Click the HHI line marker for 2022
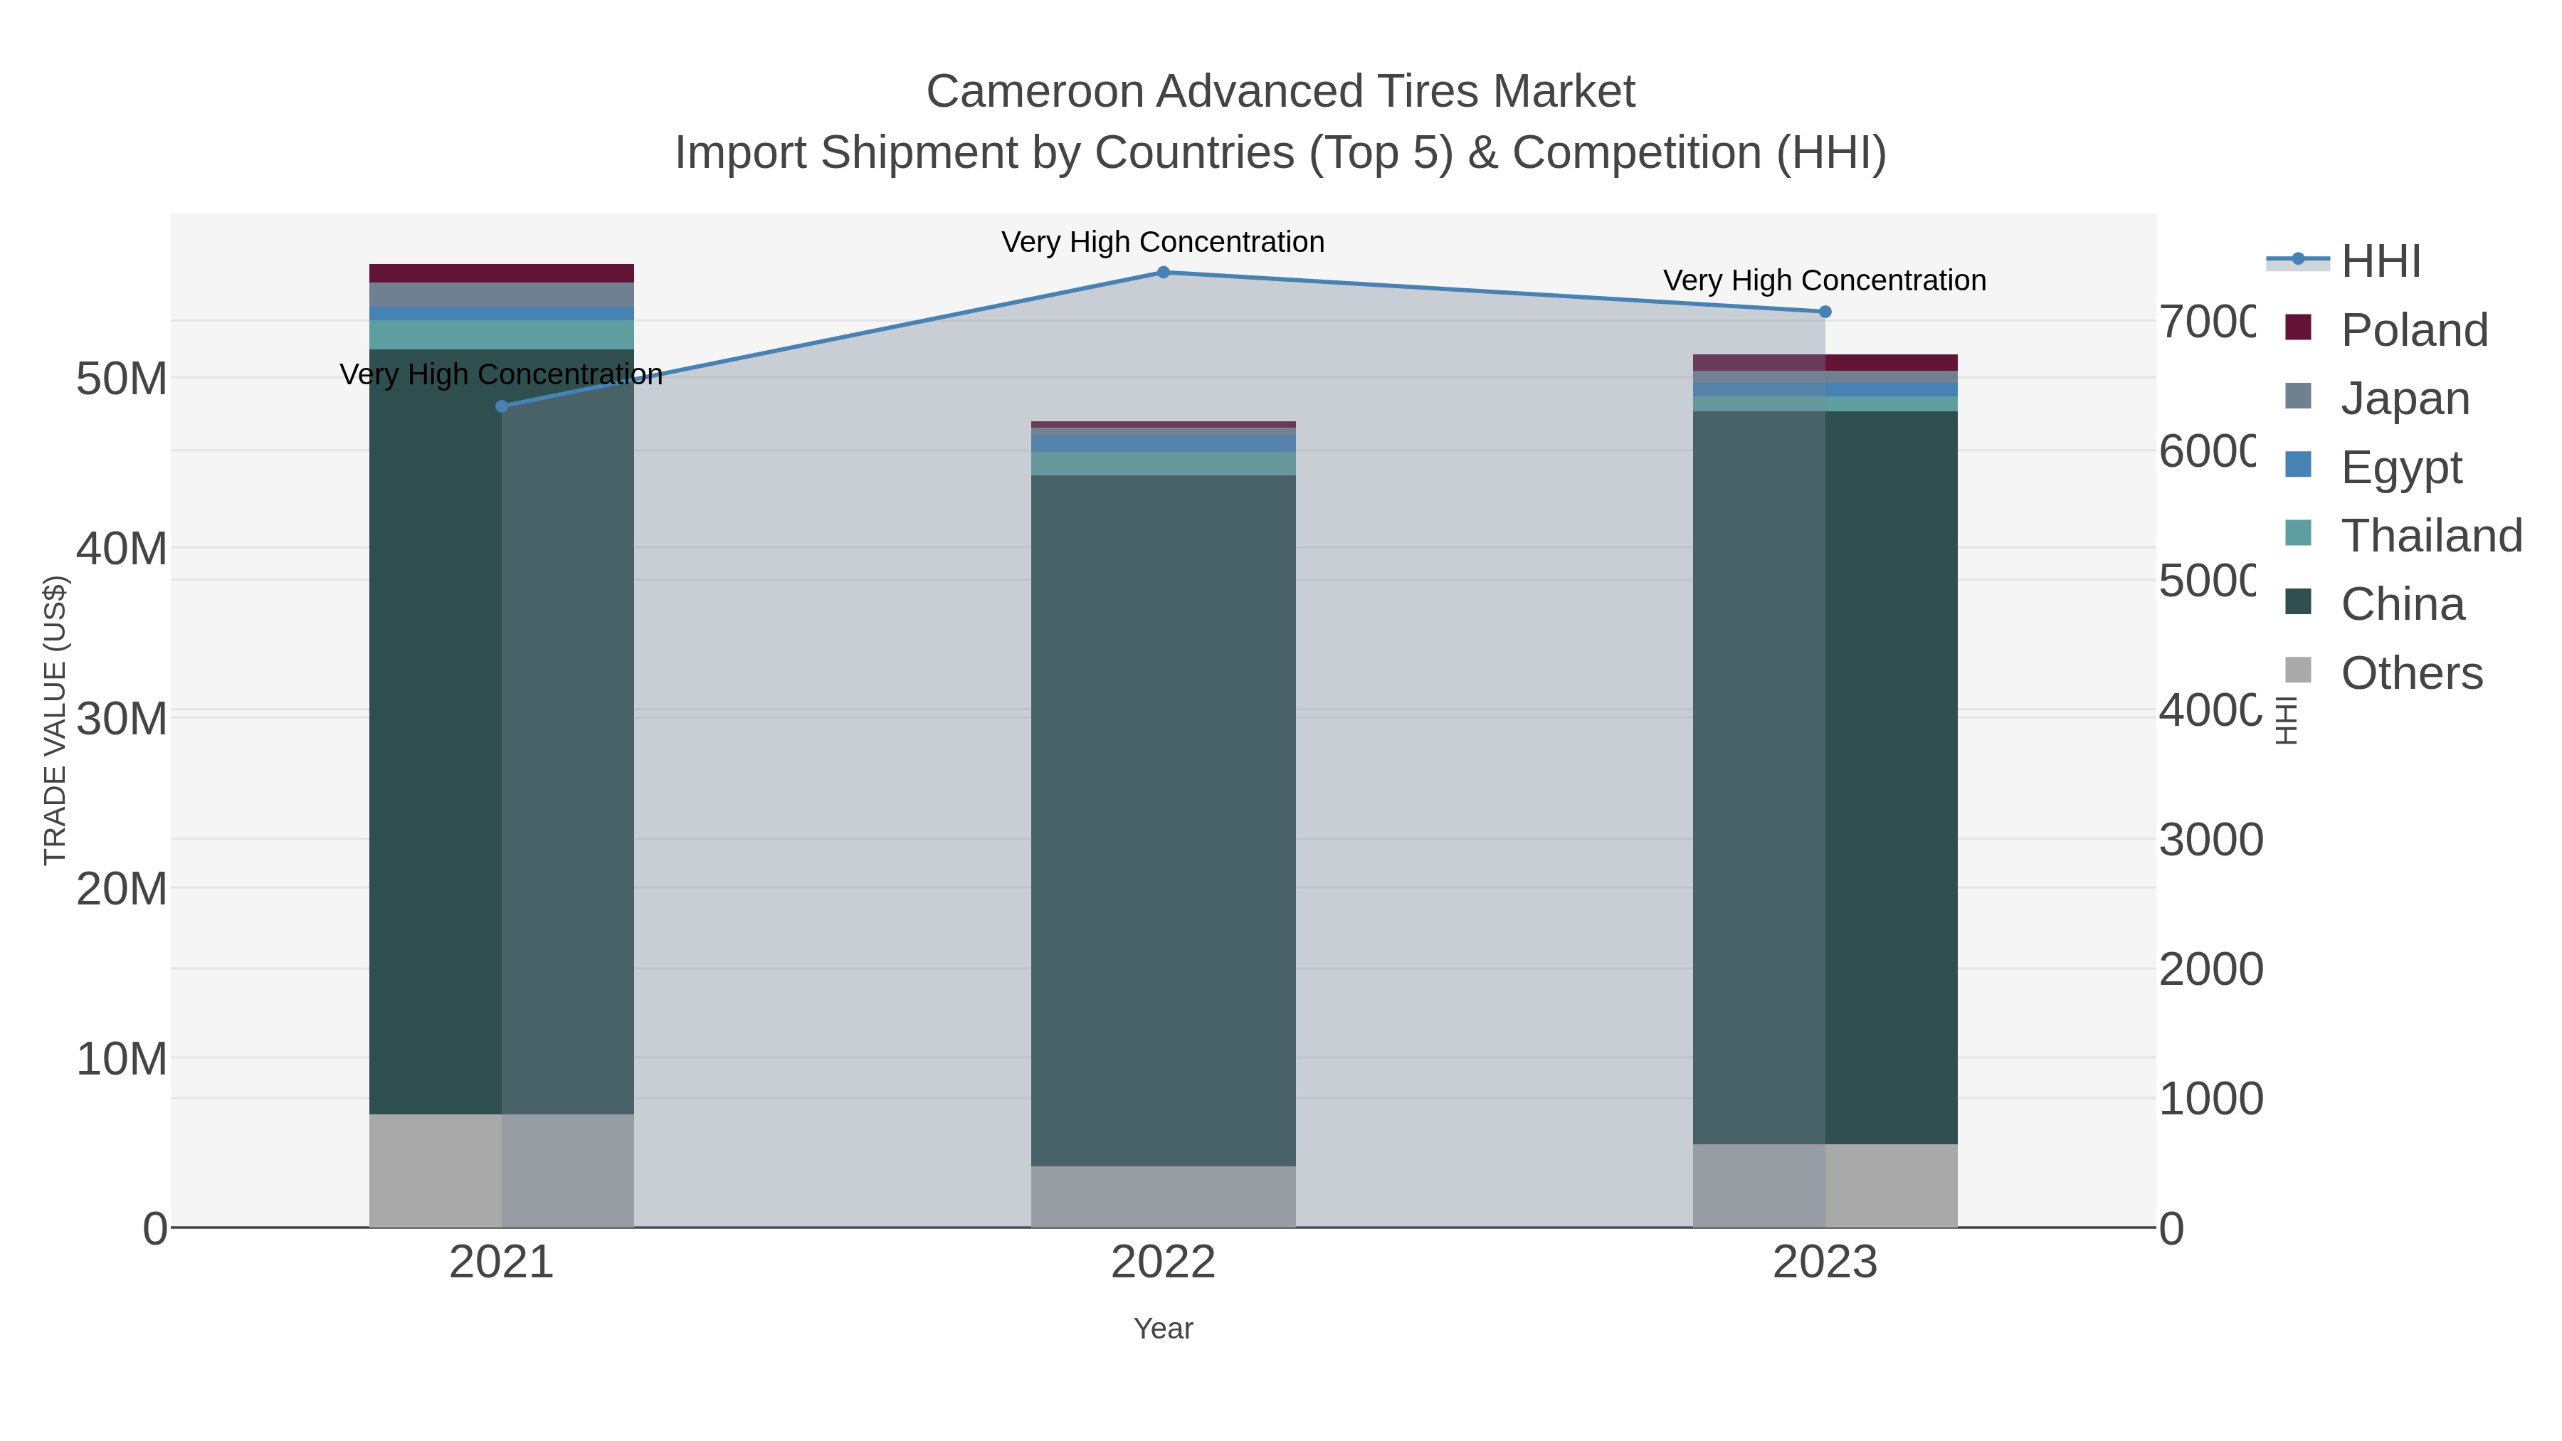tap(1163, 272)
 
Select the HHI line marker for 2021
tap(501, 406)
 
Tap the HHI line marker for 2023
tap(1825, 311)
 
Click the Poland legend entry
tap(2414, 329)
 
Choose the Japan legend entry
tap(2404, 398)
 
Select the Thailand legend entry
tap(2431, 535)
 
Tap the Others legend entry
tap(2411, 672)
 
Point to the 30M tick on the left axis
tap(121, 718)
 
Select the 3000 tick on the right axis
tap(2210, 840)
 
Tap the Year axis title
tap(1163, 1329)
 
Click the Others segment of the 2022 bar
tap(1163, 1196)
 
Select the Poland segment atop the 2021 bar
tap(501, 273)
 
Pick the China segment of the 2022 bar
tap(1163, 820)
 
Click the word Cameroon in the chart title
tap(1034, 92)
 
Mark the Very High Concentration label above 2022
tap(1163, 242)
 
